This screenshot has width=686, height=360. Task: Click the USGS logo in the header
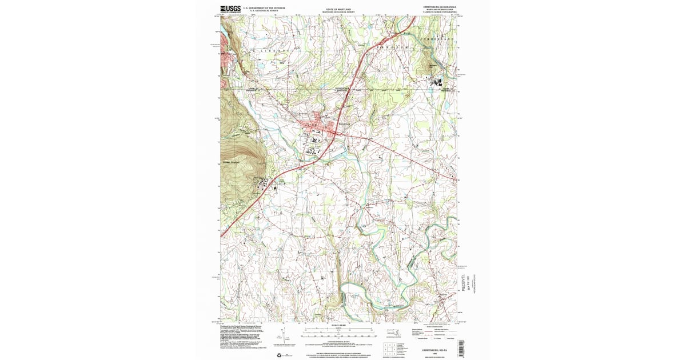[x=230, y=9]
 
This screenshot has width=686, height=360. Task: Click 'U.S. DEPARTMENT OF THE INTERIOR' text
[x=264, y=7]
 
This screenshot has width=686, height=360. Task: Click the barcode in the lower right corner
[x=462, y=347]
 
